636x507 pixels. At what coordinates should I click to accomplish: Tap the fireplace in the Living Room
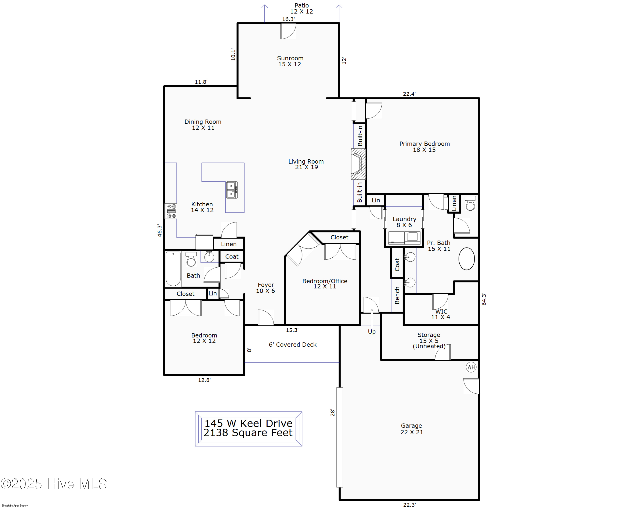[358, 164]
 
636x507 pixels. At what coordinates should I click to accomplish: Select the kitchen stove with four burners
[171, 211]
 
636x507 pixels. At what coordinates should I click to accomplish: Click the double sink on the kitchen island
[232, 190]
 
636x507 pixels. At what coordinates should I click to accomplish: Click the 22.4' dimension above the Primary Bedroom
[409, 94]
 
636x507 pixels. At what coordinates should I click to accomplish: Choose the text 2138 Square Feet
[248, 433]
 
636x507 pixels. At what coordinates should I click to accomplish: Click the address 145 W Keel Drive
[248, 423]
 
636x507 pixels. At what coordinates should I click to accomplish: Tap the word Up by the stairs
[372, 332]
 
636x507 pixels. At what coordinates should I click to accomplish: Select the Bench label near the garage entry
[397, 295]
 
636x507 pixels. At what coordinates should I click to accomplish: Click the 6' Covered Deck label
[292, 344]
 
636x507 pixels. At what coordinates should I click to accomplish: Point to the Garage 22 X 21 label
[411, 429]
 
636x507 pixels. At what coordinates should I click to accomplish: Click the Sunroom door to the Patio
[288, 31]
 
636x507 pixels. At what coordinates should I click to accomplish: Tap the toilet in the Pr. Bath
[470, 203]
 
